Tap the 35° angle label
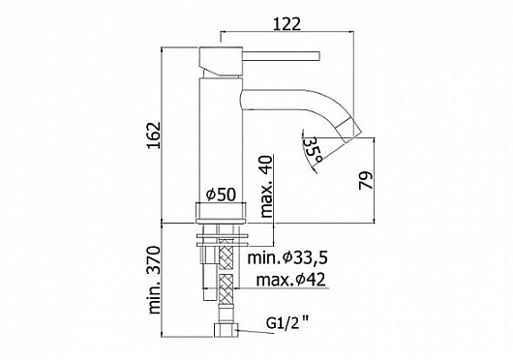[314, 148]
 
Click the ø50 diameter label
[221, 192]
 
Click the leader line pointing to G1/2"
[249, 330]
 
